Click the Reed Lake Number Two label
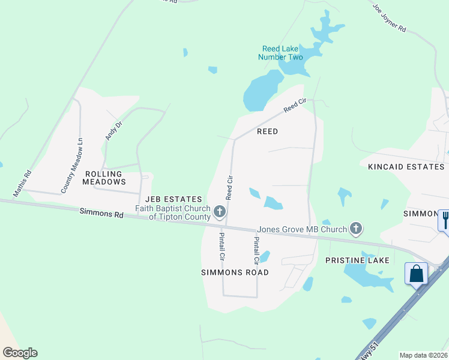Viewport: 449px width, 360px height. point(280,53)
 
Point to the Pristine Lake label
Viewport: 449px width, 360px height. point(357,260)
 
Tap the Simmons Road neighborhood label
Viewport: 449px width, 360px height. point(234,272)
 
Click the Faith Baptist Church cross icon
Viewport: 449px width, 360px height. point(220,211)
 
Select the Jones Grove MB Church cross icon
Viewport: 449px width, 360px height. point(357,228)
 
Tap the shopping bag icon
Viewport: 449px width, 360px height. point(416,274)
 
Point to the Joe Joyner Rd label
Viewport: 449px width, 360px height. point(389,19)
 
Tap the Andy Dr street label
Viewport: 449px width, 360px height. point(113,130)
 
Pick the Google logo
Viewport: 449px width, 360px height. point(20,353)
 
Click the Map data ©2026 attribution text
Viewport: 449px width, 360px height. point(423,355)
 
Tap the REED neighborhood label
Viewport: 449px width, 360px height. point(267,131)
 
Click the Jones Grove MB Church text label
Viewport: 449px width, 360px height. point(302,229)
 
